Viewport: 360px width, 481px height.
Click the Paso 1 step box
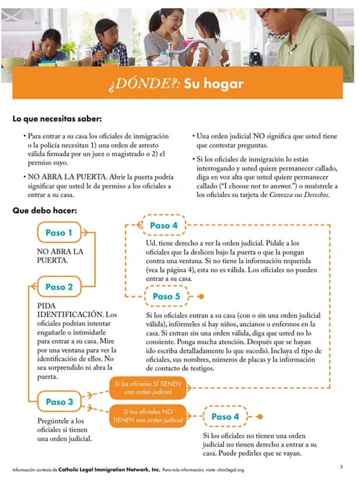coord(59,233)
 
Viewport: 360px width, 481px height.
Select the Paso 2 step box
coord(59,287)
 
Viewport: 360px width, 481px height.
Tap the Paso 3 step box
coord(59,402)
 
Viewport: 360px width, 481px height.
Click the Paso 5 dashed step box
coord(166,296)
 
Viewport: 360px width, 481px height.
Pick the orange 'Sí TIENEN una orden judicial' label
coord(148,388)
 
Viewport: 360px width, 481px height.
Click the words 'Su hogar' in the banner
coord(213,83)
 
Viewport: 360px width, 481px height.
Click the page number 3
coord(341,467)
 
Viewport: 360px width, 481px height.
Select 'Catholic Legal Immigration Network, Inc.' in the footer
coord(109,470)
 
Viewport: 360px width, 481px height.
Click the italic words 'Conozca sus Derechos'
coord(304,195)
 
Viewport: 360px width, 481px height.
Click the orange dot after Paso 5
coord(201,297)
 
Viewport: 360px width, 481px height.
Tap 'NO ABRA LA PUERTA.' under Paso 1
coord(60,256)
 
